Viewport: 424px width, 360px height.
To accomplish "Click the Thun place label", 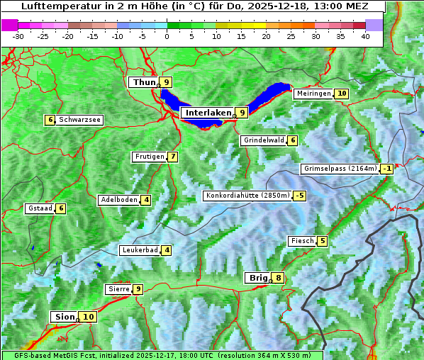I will point(144,82).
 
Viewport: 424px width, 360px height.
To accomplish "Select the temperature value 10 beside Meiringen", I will point(342,94).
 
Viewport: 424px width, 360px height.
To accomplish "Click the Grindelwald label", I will point(264,140).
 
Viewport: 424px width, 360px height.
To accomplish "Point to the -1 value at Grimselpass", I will point(386,169).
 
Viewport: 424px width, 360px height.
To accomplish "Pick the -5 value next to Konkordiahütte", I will point(300,196).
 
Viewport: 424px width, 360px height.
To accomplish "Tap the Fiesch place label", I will point(302,241).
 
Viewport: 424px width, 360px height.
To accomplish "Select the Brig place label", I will point(257,278).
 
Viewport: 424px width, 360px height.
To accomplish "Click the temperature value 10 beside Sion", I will point(88,317).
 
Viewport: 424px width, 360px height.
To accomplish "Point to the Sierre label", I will point(118,289).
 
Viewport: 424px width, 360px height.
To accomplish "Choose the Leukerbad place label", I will point(140,250).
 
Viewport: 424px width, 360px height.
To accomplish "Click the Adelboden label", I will point(119,200).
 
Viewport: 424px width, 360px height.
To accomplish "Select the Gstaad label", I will point(40,208).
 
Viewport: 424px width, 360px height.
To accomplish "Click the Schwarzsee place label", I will point(79,120).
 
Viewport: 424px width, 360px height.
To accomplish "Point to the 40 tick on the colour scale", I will point(365,36).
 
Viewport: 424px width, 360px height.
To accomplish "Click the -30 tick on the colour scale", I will point(18,36).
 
